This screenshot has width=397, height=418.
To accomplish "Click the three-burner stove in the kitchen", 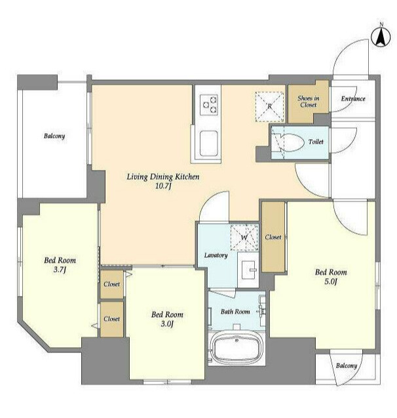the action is [x=209, y=105].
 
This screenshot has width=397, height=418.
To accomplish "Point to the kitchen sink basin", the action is [x=209, y=144].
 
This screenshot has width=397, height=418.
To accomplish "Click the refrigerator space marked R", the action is [x=269, y=106].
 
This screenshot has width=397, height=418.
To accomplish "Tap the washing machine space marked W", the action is [x=244, y=238].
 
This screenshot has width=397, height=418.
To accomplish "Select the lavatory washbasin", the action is [x=248, y=270].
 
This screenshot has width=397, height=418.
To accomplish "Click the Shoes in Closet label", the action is [x=308, y=102].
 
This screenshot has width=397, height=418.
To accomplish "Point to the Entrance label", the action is [x=353, y=98].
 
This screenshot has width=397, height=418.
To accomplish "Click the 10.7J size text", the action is [x=162, y=186].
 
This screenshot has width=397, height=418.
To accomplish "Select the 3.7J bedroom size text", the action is [x=60, y=270].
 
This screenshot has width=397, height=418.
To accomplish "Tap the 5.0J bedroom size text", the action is [x=330, y=282].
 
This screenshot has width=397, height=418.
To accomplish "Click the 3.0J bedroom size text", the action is [x=167, y=324].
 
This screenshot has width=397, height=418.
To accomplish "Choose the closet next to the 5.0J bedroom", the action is [x=273, y=237].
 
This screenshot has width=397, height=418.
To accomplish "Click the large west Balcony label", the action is [x=54, y=136].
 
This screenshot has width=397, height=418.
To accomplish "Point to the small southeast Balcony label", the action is [x=346, y=366].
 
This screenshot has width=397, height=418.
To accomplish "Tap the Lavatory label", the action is [x=216, y=255].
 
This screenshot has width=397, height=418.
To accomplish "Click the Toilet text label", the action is [x=316, y=142].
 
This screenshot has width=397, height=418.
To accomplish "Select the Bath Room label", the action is [x=235, y=311].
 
